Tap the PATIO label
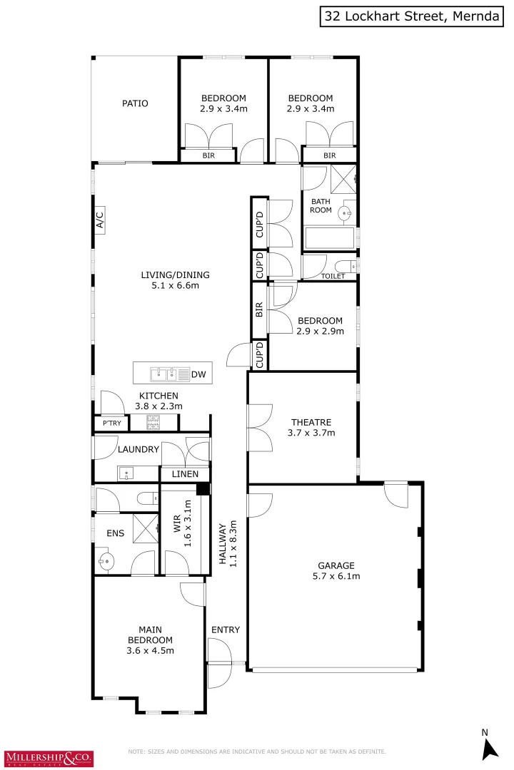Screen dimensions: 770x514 point(135,103)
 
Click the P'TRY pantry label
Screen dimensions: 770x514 point(111,423)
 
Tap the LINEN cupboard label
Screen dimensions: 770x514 point(185,474)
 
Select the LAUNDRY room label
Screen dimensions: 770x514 point(138,449)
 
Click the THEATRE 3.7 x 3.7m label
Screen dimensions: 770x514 point(313,426)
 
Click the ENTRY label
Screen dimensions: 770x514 point(226,630)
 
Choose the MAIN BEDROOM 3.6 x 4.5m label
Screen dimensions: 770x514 point(150,640)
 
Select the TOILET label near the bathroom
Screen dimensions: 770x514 point(333,276)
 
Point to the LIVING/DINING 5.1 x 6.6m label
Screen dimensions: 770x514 point(175,280)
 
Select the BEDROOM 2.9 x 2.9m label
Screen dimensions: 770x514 point(320,326)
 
